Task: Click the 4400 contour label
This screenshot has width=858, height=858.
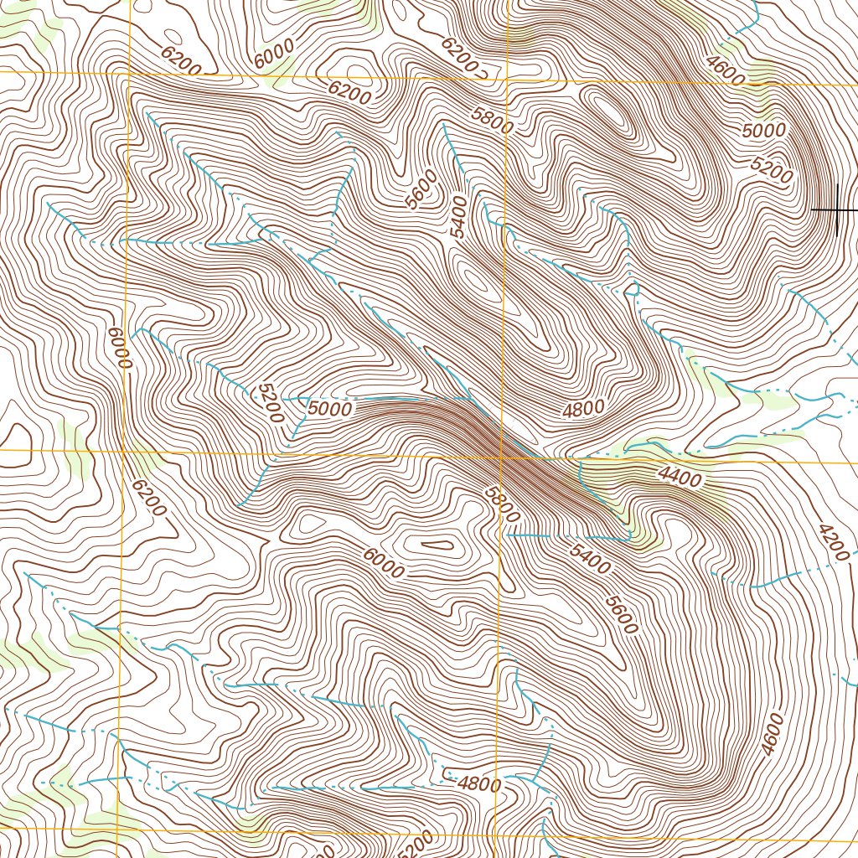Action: click(x=679, y=477)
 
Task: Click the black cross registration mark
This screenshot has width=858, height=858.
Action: click(x=837, y=209)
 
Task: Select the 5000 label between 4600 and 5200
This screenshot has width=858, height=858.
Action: click(x=763, y=131)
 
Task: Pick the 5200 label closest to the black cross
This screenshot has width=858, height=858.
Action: click(x=772, y=172)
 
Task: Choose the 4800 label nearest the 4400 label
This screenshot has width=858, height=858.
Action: click(x=583, y=410)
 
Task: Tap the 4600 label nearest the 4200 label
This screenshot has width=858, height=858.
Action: click(x=772, y=735)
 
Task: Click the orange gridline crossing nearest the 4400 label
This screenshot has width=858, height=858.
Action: click(x=502, y=457)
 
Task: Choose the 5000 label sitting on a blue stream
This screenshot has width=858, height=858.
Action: click(x=328, y=410)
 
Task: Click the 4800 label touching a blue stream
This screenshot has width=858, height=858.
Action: click(x=479, y=785)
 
